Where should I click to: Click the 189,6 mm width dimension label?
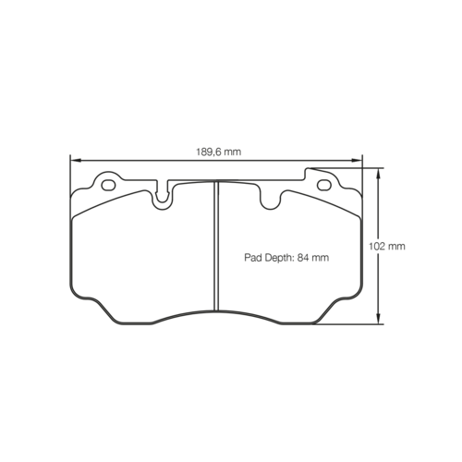(219, 152)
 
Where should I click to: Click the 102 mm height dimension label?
(387, 246)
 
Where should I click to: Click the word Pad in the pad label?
(253, 258)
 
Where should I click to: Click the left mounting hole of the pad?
(108, 185)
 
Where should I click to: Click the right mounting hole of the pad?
(324, 185)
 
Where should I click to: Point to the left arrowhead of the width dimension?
(76, 160)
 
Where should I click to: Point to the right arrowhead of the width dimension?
(357, 160)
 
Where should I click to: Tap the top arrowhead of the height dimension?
(379, 173)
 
